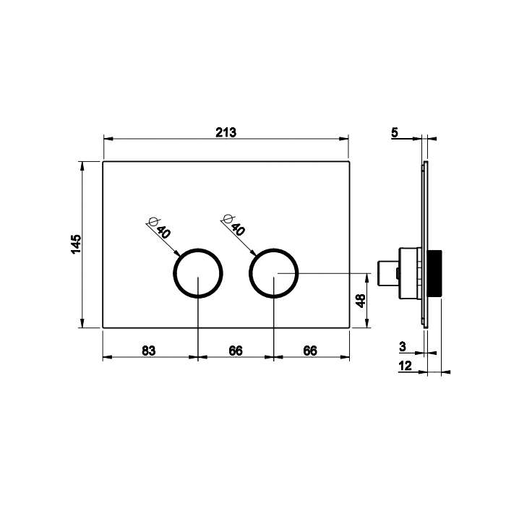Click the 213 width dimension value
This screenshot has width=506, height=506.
[226, 132]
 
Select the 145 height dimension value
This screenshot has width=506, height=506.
[76, 244]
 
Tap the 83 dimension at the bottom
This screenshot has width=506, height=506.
[149, 351]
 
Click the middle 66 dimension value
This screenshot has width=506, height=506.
[236, 351]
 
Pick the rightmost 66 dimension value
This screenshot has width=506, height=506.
[310, 351]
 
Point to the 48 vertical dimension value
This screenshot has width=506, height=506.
[361, 301]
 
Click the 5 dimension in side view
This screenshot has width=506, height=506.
[395, 132]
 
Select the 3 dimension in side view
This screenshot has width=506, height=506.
[403, 346]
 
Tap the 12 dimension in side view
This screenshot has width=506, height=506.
[406, 366]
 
